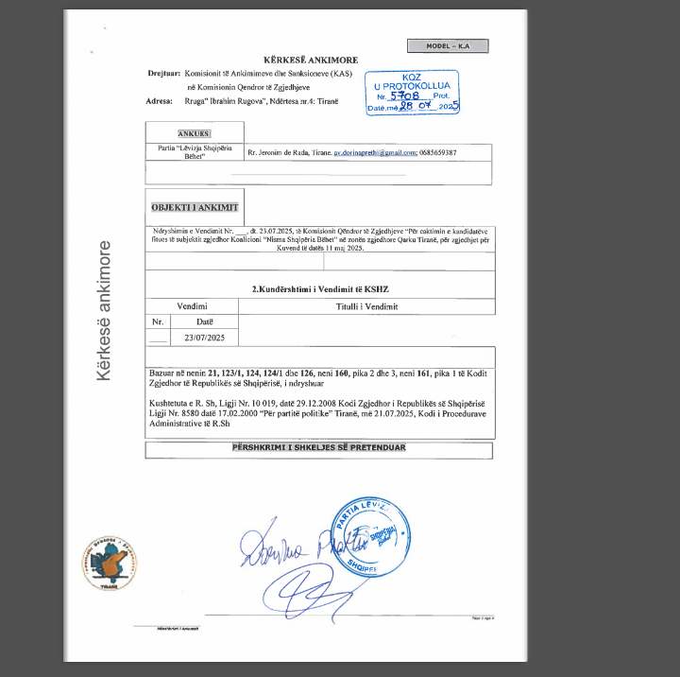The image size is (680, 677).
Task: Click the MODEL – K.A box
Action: (x=448, y=45)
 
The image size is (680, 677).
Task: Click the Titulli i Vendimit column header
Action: (x=366, y=306)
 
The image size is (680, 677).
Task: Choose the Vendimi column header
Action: (x=193, y=306)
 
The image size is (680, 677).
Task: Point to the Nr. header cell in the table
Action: (x=158, y=322)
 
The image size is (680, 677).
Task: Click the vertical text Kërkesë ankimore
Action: (x=104, y=312)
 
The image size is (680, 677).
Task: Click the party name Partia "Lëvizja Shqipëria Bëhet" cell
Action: (x=194, y=152)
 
